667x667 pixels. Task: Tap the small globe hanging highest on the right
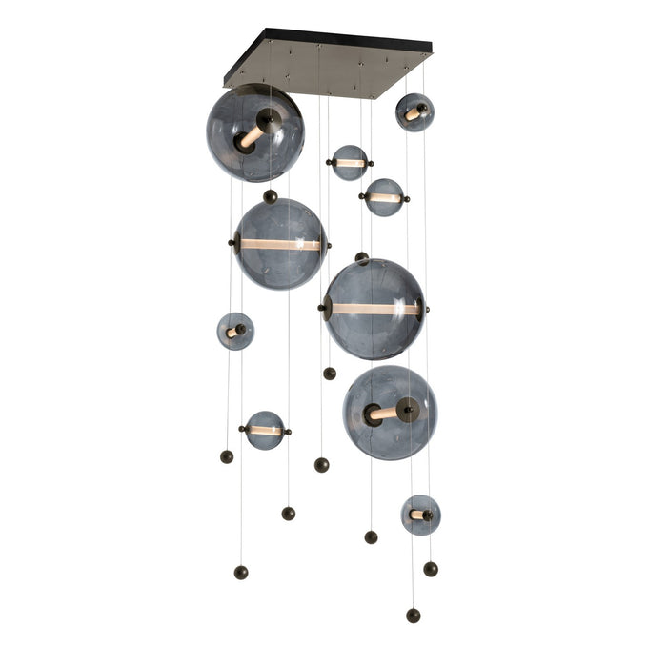414,111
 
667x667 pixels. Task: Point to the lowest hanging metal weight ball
413,616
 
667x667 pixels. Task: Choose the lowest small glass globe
420,515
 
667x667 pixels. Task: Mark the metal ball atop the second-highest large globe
271,196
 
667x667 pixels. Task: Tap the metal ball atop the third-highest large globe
361,257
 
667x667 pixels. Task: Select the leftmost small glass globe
234,331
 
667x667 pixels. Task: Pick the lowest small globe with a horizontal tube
264,430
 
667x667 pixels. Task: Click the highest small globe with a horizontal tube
350,163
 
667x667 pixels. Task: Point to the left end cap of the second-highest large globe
232,244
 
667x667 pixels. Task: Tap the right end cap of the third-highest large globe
421,308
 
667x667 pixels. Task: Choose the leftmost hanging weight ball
227,456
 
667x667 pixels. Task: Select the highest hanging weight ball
330,373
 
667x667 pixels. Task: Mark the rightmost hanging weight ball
431,568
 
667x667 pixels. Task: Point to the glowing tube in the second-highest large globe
279,245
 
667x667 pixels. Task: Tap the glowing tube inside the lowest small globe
418,515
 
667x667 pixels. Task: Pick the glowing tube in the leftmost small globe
232,332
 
